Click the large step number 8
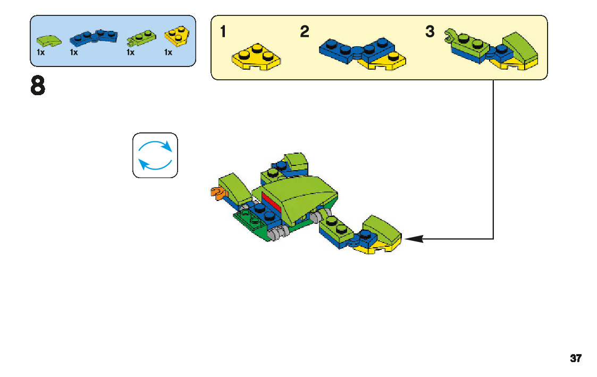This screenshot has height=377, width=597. (37, 87)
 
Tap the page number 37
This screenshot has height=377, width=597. (575, 358)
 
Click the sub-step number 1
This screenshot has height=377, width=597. (223, 32)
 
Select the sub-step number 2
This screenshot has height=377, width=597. (304, 32)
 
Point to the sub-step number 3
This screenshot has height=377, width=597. (430, 32)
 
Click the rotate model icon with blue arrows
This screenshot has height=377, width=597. (155, 155)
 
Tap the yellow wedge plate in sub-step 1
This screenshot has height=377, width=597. (256, 57)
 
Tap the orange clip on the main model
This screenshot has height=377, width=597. (216, 193)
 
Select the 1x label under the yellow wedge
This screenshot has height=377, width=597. (168, 52)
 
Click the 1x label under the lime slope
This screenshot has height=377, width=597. (40, 52)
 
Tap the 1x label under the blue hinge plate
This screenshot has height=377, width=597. (73, 52)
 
